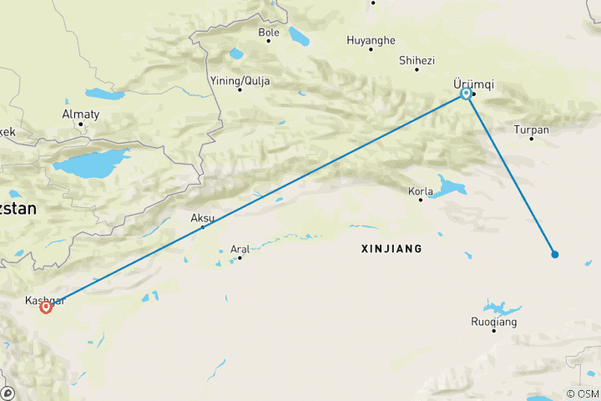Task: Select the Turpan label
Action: click(x=532, y=129)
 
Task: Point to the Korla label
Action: click(x=420, y=191)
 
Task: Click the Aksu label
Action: click(x=203, y=218)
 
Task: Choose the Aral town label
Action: click(x=240, y=248)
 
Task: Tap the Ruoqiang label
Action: click(x=494, y=322)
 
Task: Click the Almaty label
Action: click(x=81, y=114)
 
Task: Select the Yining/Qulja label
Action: click(x=240, y=80)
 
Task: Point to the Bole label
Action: click(x=269, y=33)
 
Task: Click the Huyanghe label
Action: click(x=371, y=39)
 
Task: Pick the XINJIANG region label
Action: click(x=391, y=249)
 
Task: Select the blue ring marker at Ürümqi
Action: click(x=466, y=94)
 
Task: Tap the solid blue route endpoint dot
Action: click(x=554, y=254)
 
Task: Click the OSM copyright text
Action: click(x=581, y=393)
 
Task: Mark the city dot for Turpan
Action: click(x=532, y=139)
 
